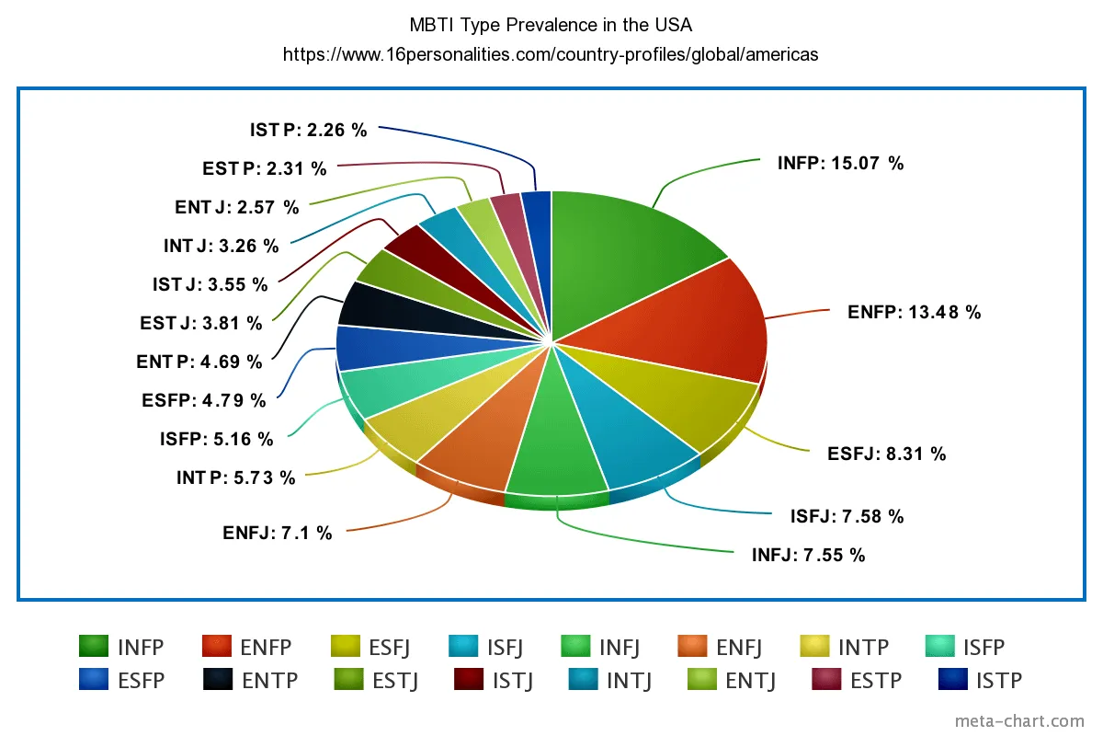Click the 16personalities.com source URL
551,54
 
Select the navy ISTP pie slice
539,230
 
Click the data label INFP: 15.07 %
840,164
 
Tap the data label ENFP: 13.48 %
914,313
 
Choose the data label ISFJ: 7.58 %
847,517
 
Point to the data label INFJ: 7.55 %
808,555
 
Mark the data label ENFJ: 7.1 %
277,533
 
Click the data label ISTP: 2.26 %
308,131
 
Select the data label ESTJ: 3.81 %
201,323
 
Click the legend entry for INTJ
610,681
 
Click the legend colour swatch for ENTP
218,680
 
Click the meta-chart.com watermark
1019,721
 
